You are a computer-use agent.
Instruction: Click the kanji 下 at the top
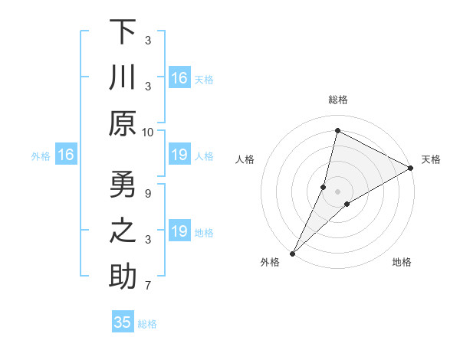click(x=123, y=33)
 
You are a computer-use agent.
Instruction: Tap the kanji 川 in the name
click(x=123, y=79)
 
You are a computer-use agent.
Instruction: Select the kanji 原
click(x=123, y=125)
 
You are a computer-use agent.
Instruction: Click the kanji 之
click(x=123, y=233)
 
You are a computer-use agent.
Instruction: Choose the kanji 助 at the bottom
click(x=123, y=278)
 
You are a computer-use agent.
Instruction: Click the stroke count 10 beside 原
click(x=148, y=132)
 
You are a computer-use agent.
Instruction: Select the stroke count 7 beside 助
click(x=148, y=286)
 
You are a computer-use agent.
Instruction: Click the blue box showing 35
click(x=123, y=322)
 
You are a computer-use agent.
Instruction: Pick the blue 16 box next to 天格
click(x=179, y=78)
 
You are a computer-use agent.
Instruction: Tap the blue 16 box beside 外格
click(x=66, y=155)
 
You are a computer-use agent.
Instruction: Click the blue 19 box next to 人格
click(x=179, y=155)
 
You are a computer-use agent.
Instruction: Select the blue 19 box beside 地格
click(x=179, y=231)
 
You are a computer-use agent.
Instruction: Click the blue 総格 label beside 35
click(x=147, y=324)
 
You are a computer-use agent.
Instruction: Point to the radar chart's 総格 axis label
click(x=337, y=100)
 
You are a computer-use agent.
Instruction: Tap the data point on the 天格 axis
click(x=411, y=168)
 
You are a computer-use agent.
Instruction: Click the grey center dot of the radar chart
click(x=337, y=191)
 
